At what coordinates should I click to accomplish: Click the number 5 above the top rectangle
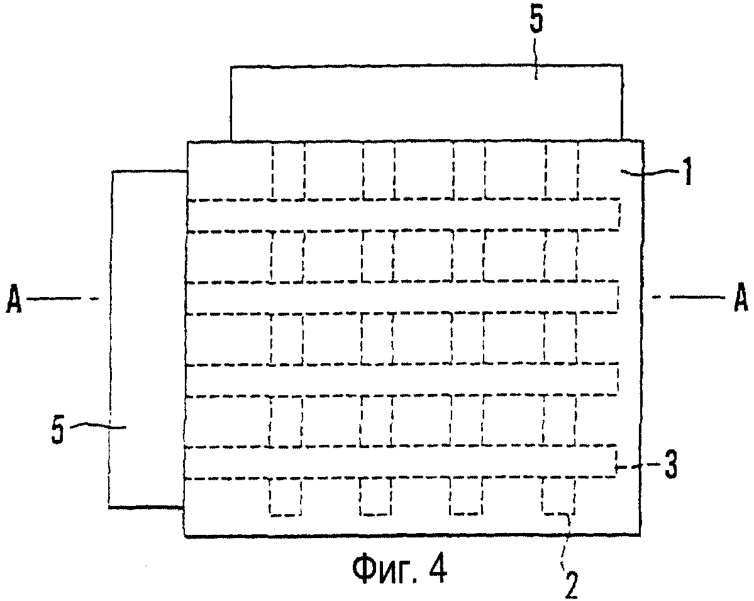pos(536,20)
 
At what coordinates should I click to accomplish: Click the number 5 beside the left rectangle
pos(58,430)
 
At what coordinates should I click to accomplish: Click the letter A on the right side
pos(740,298)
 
